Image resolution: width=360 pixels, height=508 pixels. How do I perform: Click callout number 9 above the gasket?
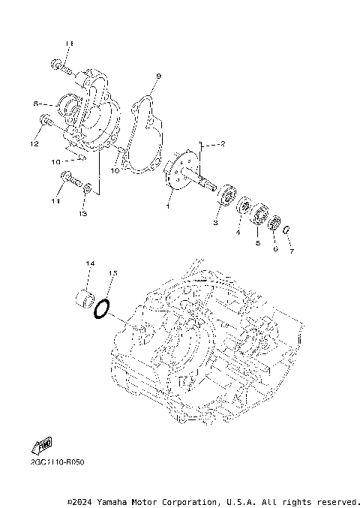[x=158, y=76]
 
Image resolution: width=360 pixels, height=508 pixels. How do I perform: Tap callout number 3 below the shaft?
[x=215, y=223]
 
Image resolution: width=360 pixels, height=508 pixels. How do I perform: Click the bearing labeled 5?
[x=259, y=214]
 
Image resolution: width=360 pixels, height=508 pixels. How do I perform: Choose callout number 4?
[x=238, y=233]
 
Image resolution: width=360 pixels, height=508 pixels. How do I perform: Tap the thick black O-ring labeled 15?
[x=102, y=308]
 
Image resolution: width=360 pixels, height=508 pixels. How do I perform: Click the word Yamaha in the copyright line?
[x=109, y=501]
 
